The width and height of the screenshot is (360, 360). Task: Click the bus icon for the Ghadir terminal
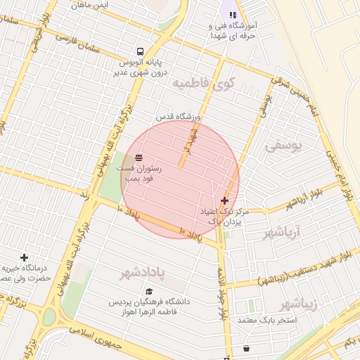[x=141, y=52]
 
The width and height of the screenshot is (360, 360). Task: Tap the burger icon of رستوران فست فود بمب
[x=139, y=157]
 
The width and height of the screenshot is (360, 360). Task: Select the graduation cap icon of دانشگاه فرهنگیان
[x=149, y=291]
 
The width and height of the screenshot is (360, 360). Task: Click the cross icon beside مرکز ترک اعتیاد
[x=224, y=200]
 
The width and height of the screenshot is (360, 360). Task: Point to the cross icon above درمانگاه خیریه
[x=25, y=258]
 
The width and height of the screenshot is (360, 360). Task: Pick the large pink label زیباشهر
[x=298, y=304]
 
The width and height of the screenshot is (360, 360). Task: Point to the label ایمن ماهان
[x=90, y=5]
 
